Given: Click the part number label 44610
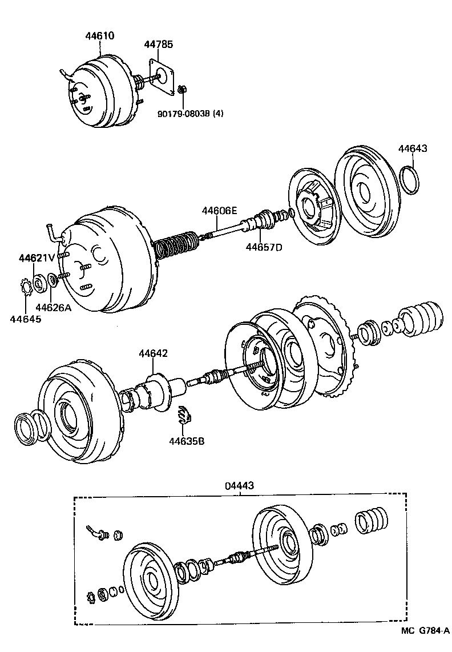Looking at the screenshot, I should click(100, 35).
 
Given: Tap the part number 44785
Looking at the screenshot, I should click(158, 45).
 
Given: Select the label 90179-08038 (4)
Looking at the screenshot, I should click(191, 113).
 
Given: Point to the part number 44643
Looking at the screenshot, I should click(413, 148).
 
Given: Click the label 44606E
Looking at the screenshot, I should click(219, 211).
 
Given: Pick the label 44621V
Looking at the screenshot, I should click(37, 257).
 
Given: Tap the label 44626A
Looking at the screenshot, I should click(53, 308).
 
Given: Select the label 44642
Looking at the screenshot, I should click(153, 354).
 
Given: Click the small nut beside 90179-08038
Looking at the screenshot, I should click(183, 90).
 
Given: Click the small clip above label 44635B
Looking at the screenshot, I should click(183, 415).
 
